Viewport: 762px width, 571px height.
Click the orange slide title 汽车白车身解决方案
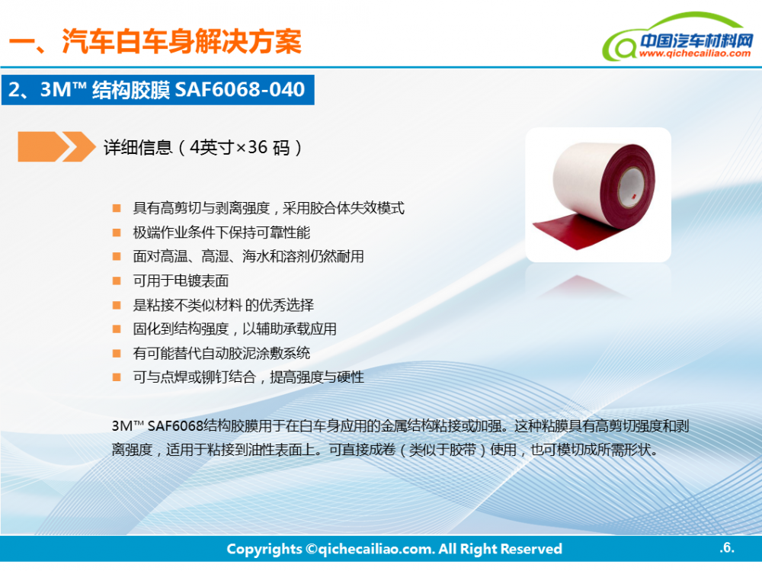(181, 41)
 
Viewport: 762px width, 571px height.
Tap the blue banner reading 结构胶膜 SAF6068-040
(158, 90)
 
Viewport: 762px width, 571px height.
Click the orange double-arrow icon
(56, 146)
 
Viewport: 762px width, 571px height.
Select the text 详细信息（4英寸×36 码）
(203, 147)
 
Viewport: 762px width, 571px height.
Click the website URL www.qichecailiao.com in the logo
(695, 53)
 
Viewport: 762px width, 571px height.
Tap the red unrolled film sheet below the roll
(578, 229)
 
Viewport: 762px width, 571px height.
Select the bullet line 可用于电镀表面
(181, 281)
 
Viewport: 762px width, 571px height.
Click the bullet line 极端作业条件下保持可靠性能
(222, 233)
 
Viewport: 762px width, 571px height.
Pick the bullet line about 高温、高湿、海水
(248, 256)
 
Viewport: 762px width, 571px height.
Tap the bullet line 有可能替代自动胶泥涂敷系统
(222, 353)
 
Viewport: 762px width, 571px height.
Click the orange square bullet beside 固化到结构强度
(117, 329)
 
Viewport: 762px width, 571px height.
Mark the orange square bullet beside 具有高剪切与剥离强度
(117, 209)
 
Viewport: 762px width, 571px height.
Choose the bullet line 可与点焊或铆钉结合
(248, 377)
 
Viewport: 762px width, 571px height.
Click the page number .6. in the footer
(727, 547)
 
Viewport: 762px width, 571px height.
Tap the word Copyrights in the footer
(264, 549)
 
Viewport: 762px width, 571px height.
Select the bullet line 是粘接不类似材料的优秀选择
(223, 305)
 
